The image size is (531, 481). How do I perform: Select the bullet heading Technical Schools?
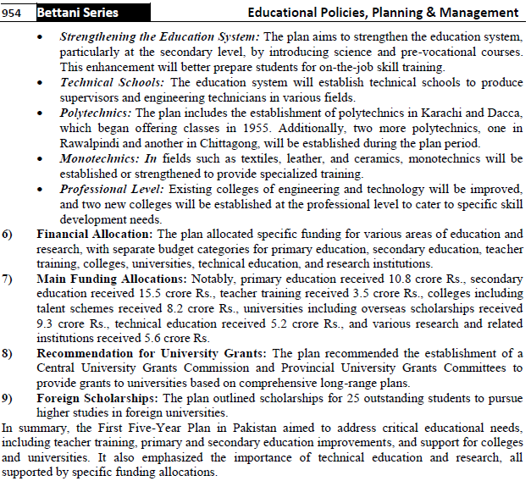coord(113,82)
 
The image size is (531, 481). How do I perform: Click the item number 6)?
coord(8,234)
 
